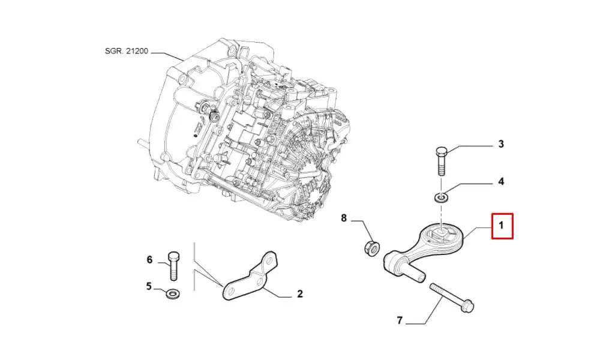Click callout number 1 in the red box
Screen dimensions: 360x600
[502, 226]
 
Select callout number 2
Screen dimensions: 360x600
[299, 294]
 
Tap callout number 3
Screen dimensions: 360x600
[500, 144]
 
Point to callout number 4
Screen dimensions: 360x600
[500, 181]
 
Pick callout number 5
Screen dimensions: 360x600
[149, 286]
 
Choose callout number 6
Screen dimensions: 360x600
[149, 259]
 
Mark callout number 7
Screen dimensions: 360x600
[399, 320]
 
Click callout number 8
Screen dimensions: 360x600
[344, 218]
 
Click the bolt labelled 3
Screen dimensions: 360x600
[440, 160]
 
